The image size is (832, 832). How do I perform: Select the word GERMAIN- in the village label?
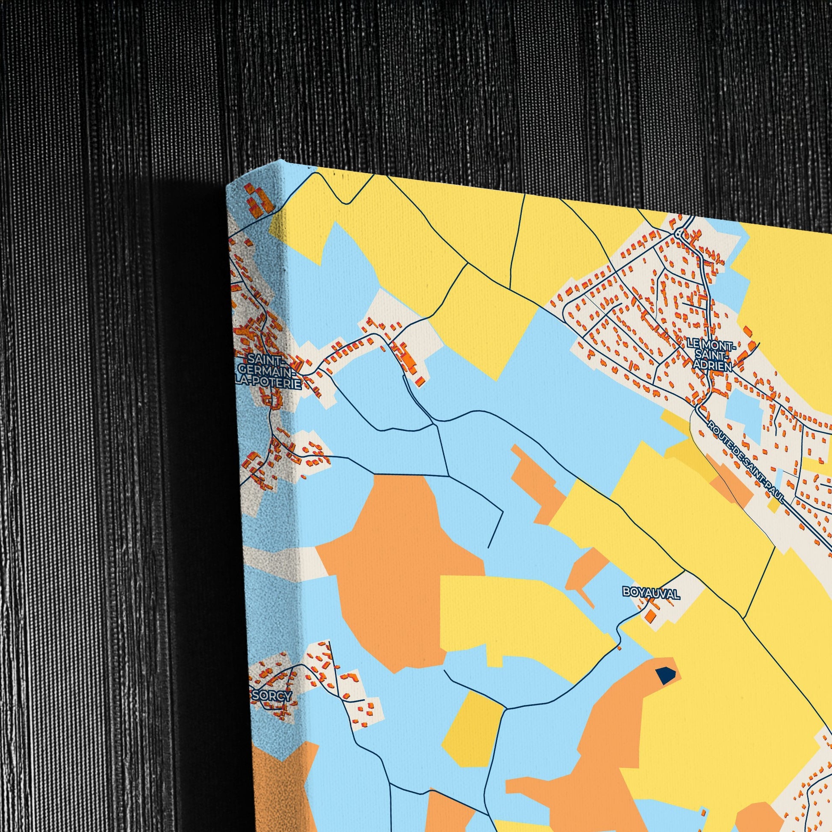268,371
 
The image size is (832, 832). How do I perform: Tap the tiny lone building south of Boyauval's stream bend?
620,659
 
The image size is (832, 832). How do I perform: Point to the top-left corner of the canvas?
227,186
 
